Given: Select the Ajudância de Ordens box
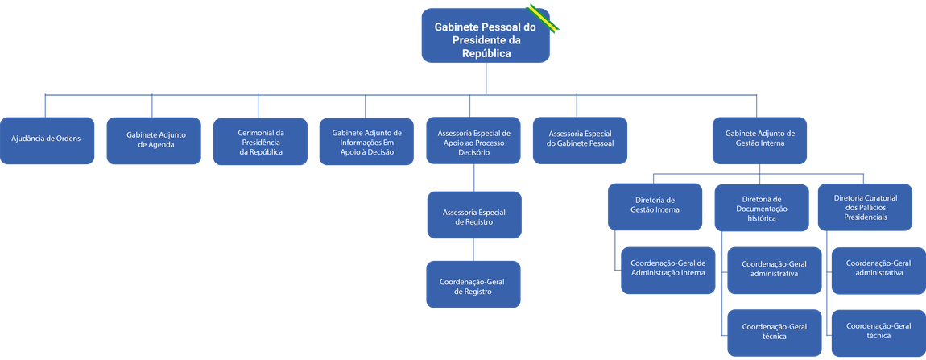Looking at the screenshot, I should pyautogui.click(x=46, y=138).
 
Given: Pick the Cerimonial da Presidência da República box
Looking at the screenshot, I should pyautogui.click(x=260, y=141).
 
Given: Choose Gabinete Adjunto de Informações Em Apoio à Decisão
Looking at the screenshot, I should pyautogui.click(x=367, y=141).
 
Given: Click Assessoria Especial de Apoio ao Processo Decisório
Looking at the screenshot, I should pyautogui.click(x=474, y=141).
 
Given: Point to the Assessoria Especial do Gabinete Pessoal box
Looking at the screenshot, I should pyautogui.click(x=580, y=143).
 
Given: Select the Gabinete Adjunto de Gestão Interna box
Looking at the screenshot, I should pyautogui.click(x=760, y=141).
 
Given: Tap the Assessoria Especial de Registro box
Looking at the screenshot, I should pyautogui.click(x=474, y=216).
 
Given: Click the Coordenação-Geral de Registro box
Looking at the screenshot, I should pyautogui.click(x=474, y=286).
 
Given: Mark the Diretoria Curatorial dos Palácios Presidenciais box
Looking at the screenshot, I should pyautogui.click(x=866, y=207).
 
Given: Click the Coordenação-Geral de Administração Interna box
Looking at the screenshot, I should pyautogui.click(x=667, y=268).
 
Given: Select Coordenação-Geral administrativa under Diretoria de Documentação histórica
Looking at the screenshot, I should pyautogui.click(x=775, y=269).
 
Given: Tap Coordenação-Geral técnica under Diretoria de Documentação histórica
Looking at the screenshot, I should pyautogui.click(x=775, y=331).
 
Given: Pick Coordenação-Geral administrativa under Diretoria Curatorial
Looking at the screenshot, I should pyautogui.click(x=878, y=268).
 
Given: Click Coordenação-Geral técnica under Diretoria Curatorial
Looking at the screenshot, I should pyautogui.click(x=878, y=331).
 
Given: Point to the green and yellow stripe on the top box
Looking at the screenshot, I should pyautogui.click(x=543, y=17).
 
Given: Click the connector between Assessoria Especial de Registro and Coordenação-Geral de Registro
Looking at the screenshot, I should pyautogui.click(x=474, y=250).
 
